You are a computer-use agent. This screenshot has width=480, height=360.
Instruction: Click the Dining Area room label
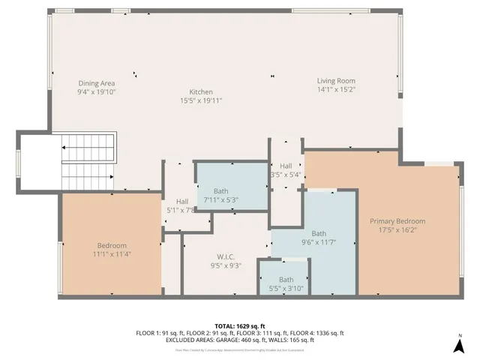pyautogui.click(x=97, y=82)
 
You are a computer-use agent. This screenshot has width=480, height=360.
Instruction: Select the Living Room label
pyautogui.click(x=335, y=81)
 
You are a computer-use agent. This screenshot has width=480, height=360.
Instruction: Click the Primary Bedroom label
pyautogui.click(x=397, y=221)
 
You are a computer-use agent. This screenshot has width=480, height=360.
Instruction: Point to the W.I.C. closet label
pyautogui.click(x=225, y=256)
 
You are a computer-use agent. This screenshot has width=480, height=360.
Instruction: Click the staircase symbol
pyautogui.click(x=88, y=161)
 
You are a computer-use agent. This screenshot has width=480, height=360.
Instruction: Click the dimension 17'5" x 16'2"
pyautogui.click(x=397, y=230)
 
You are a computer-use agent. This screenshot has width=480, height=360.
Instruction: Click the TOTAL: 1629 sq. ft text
pyautogui.click(x=239, y=326)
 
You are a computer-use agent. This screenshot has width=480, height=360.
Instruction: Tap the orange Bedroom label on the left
pyautogui.click(x=112, y=245)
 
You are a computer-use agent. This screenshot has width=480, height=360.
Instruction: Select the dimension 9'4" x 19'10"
pyautogui.click(x=97, y=91)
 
